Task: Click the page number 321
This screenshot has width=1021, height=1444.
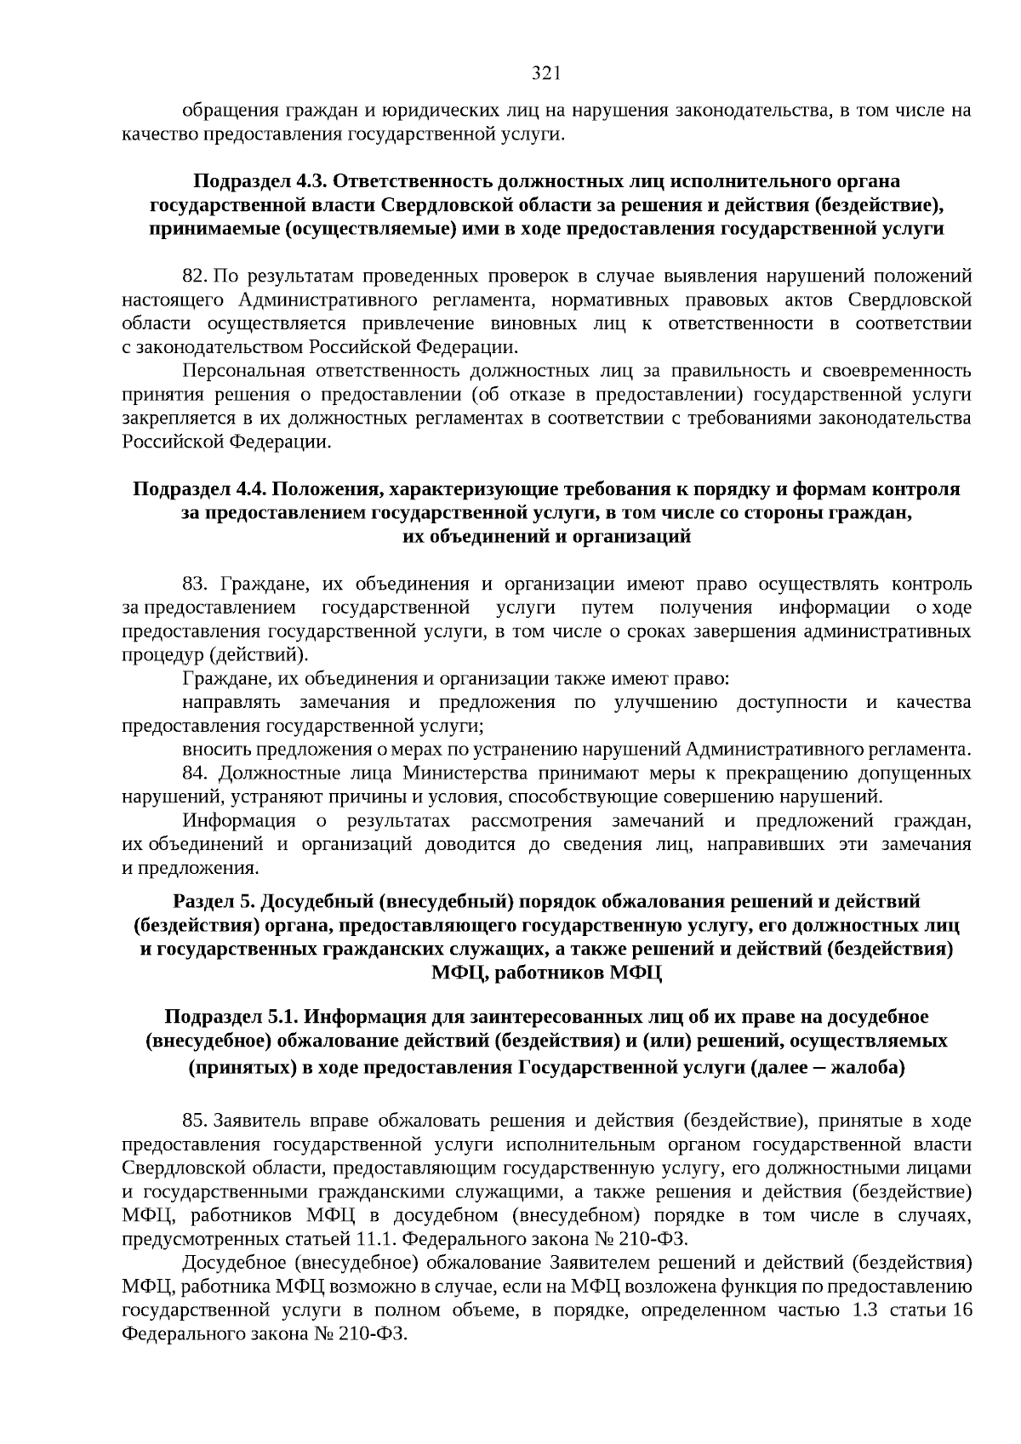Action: click(x=545, y=73)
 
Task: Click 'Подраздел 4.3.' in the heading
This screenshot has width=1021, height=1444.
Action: click(x=260, y=181)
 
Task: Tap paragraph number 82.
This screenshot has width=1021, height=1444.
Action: click(x=195, y=277)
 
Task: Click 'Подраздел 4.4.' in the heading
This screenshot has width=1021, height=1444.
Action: click(x=199, y=489)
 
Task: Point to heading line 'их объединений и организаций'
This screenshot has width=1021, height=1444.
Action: click(x=545, y=536)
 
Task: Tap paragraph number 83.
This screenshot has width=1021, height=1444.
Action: click(x=195, y=584)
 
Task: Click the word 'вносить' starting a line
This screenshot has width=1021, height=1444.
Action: click(x=209, y=750)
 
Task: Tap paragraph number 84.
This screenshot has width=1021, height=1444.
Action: click(x=195, y=773)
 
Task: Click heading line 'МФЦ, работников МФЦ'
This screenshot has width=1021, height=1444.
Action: click(x=545, y=972)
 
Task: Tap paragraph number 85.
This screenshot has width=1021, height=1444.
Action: click(x=195, y=1122)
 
